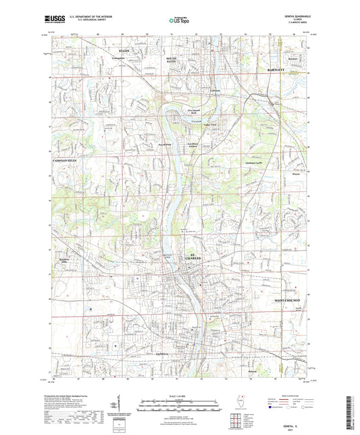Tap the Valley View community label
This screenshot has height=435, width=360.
click(x=209, y=124)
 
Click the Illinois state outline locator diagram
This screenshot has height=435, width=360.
click(x=235, y=403)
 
